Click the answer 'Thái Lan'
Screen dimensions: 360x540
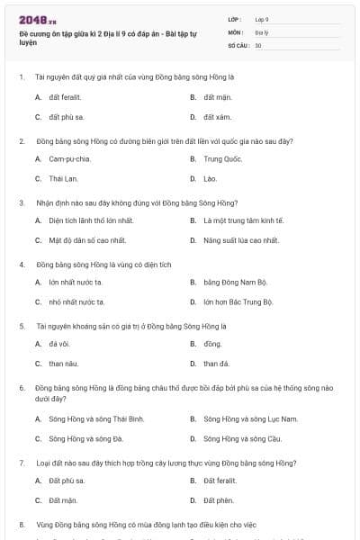coord(64,179)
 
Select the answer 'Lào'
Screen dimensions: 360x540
coord(211,179)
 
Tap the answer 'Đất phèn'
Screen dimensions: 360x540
coord(219,499)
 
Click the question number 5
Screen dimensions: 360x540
coord(21,324)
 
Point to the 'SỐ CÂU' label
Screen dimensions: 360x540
coord(238,44)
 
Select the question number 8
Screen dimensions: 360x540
coord(21,523)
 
